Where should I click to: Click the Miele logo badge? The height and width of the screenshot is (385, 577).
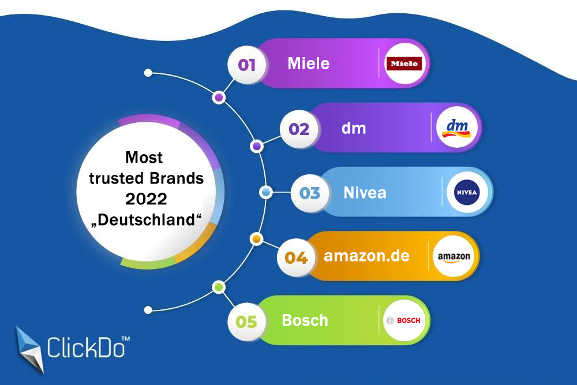point(404,63)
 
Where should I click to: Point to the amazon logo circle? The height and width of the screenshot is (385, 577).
point(454,256)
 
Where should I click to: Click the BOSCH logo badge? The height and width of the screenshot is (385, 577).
point(403,320)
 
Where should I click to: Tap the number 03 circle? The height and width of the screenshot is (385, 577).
point(310,193)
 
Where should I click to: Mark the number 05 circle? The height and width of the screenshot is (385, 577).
point(246,321)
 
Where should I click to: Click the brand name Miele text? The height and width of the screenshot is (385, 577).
point(309,63)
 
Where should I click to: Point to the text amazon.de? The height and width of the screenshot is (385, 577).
point(366,256)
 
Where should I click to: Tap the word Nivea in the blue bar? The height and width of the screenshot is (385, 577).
point(365,192)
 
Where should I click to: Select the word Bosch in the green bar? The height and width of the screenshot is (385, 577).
point(305,320)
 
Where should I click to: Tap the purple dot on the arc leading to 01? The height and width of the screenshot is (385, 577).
point(219,98)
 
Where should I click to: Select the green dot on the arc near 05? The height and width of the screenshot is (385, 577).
point(218,286)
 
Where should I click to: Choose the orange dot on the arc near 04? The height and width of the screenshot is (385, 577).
point(257,238)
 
